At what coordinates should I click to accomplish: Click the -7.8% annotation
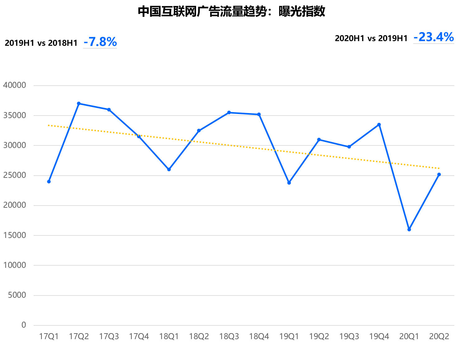click(100, 42)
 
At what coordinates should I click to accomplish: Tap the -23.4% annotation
click(433, 37)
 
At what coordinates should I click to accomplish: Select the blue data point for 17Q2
click(79, 103)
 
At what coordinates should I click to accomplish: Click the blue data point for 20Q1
click(409, 230)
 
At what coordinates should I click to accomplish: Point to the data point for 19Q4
click(379, 125)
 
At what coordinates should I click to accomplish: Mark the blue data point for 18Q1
click(169, 169)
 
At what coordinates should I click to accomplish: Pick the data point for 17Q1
click(49, 182)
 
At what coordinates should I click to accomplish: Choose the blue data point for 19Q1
click(289, 183)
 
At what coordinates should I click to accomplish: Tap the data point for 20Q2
click(439, 174)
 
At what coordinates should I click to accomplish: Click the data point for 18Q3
click(229, 112)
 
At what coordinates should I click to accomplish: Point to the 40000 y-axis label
click(14, 85)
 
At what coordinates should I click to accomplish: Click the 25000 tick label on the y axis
click(14, 175)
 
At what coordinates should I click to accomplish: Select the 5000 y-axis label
click(17, 295)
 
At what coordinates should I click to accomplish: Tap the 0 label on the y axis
click(24, 325)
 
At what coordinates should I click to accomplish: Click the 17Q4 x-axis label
click(139, 337)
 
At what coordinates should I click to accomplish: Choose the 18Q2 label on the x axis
click(199, 337)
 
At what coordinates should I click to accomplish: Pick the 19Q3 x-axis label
click(349, 337)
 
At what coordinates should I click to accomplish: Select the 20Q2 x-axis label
click(439, 337)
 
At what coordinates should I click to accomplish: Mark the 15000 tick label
click(14, 235)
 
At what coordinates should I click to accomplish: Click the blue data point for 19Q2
click(319, 140)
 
